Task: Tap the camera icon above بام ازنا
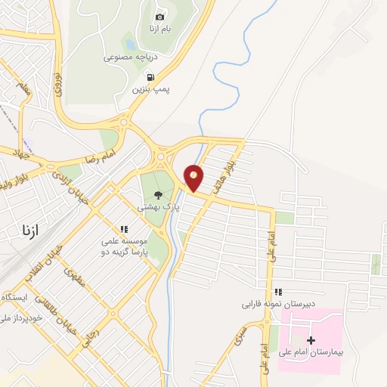click(x=159, y=17)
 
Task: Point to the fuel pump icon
click(x=150, y=76)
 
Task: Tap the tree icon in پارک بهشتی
click(x=157, y=193)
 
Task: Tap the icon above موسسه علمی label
click(x=123, y=228)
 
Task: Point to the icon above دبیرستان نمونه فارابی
click(x=278, y=292)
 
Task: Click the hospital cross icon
click(x=311, y=340)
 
